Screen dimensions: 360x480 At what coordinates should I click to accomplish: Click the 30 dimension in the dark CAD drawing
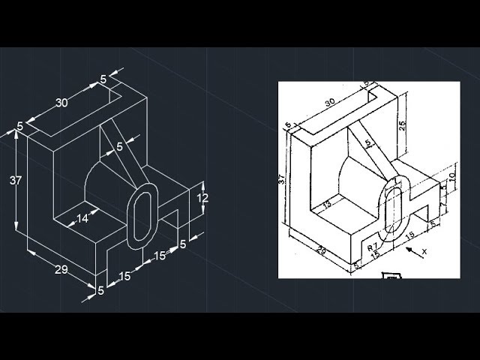click(x=62, y=103)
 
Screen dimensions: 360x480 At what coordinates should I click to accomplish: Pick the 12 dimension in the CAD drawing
click(x=202, y=198)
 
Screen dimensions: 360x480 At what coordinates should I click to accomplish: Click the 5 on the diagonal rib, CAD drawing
click(x=120, y=147)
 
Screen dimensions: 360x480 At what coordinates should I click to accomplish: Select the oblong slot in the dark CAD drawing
click(x=142, y=216)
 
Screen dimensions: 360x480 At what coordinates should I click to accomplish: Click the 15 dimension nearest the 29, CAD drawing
click(x=124, y=276)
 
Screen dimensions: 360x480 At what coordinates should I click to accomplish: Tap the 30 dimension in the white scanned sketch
click(x=329, y=103)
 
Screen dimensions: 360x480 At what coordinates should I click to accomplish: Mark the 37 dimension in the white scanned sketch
click(x=282, y=180)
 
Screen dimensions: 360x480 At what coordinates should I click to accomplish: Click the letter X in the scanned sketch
click(x=424, y=251)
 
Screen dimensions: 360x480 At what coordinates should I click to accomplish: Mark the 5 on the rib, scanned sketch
click(x=367, y=142)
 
